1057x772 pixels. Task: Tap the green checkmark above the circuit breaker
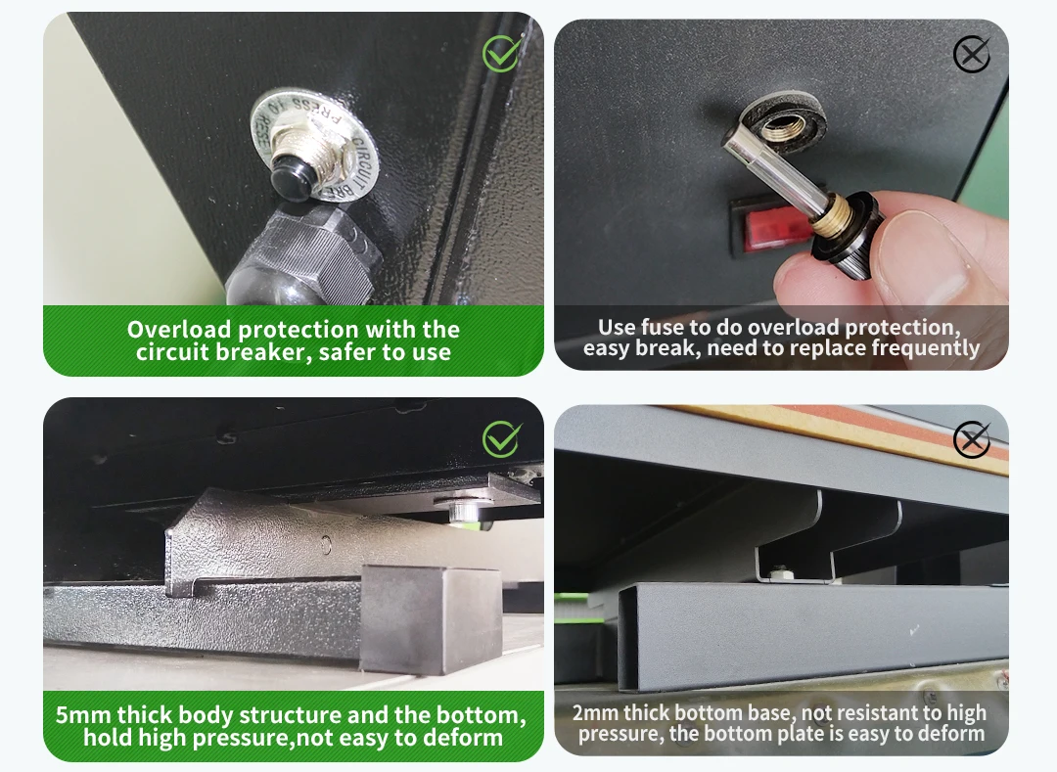coord(502,53)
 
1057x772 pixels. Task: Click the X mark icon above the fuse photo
coord(972,54)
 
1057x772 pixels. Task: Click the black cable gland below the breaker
coord(300,257)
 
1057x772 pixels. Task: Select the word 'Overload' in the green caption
coord(179,330)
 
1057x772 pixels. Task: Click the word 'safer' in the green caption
coord(347,351)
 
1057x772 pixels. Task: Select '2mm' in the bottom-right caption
coord(595,712)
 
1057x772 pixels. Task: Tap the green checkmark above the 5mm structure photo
coord(502,439)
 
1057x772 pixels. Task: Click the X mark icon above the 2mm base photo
coord(972,439)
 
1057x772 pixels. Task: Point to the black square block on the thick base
coord(432,618)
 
